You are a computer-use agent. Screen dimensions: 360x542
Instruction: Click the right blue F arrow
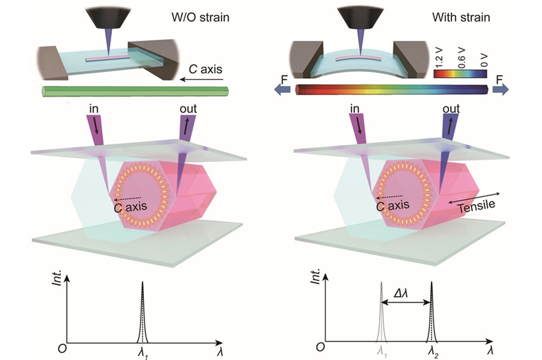click(501, 90)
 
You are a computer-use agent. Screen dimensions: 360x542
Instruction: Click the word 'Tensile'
click(474, 206)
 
